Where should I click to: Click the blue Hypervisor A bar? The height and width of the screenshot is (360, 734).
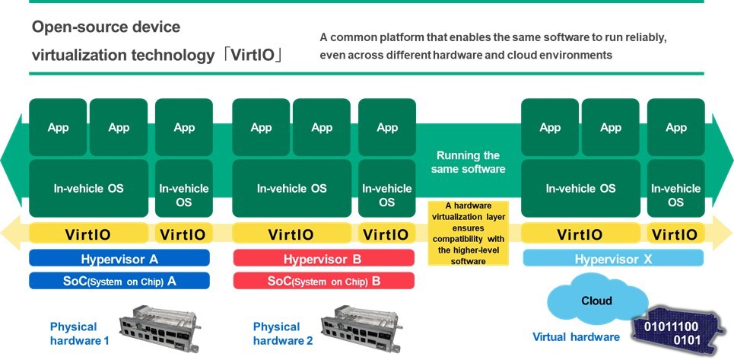119,259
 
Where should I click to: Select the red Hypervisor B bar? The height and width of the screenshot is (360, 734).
323,259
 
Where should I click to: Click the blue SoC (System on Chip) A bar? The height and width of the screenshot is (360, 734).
119,281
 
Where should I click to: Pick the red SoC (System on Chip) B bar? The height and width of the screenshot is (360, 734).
323,281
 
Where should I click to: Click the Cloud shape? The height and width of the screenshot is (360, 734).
596,301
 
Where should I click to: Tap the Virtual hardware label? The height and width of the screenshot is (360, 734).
575,336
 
